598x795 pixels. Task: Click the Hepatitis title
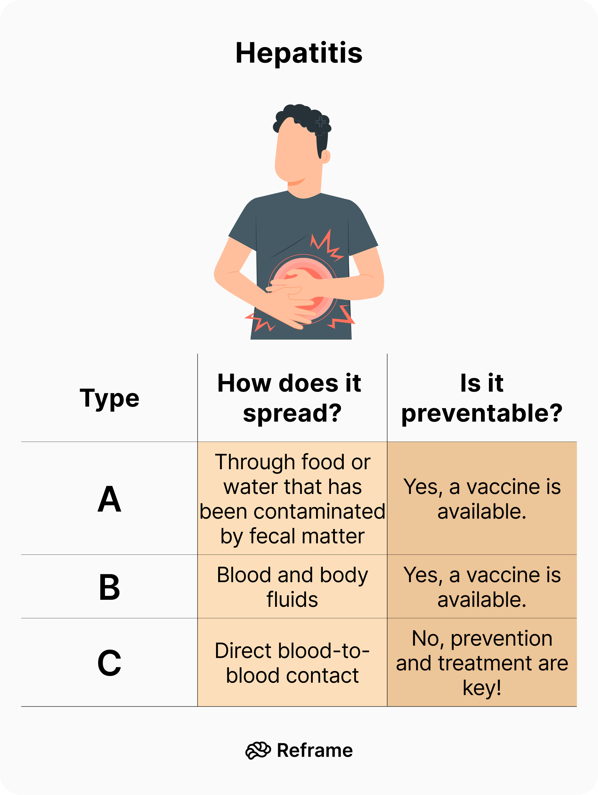point(299,53)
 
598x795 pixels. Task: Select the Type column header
point(109,398)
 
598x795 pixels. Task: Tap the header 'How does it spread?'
point(292,398)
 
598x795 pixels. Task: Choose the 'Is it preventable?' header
point(482,398)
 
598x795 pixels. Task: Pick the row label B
point(109,587)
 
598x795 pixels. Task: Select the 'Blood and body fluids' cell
point(292,587)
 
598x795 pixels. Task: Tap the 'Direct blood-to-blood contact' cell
point(292,663)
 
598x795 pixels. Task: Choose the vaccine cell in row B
point(482,587)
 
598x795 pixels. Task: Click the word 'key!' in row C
point(482,688)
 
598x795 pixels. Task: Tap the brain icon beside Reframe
point(258,750)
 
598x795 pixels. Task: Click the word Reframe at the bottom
point(315,750)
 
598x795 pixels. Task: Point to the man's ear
point(325,156)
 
